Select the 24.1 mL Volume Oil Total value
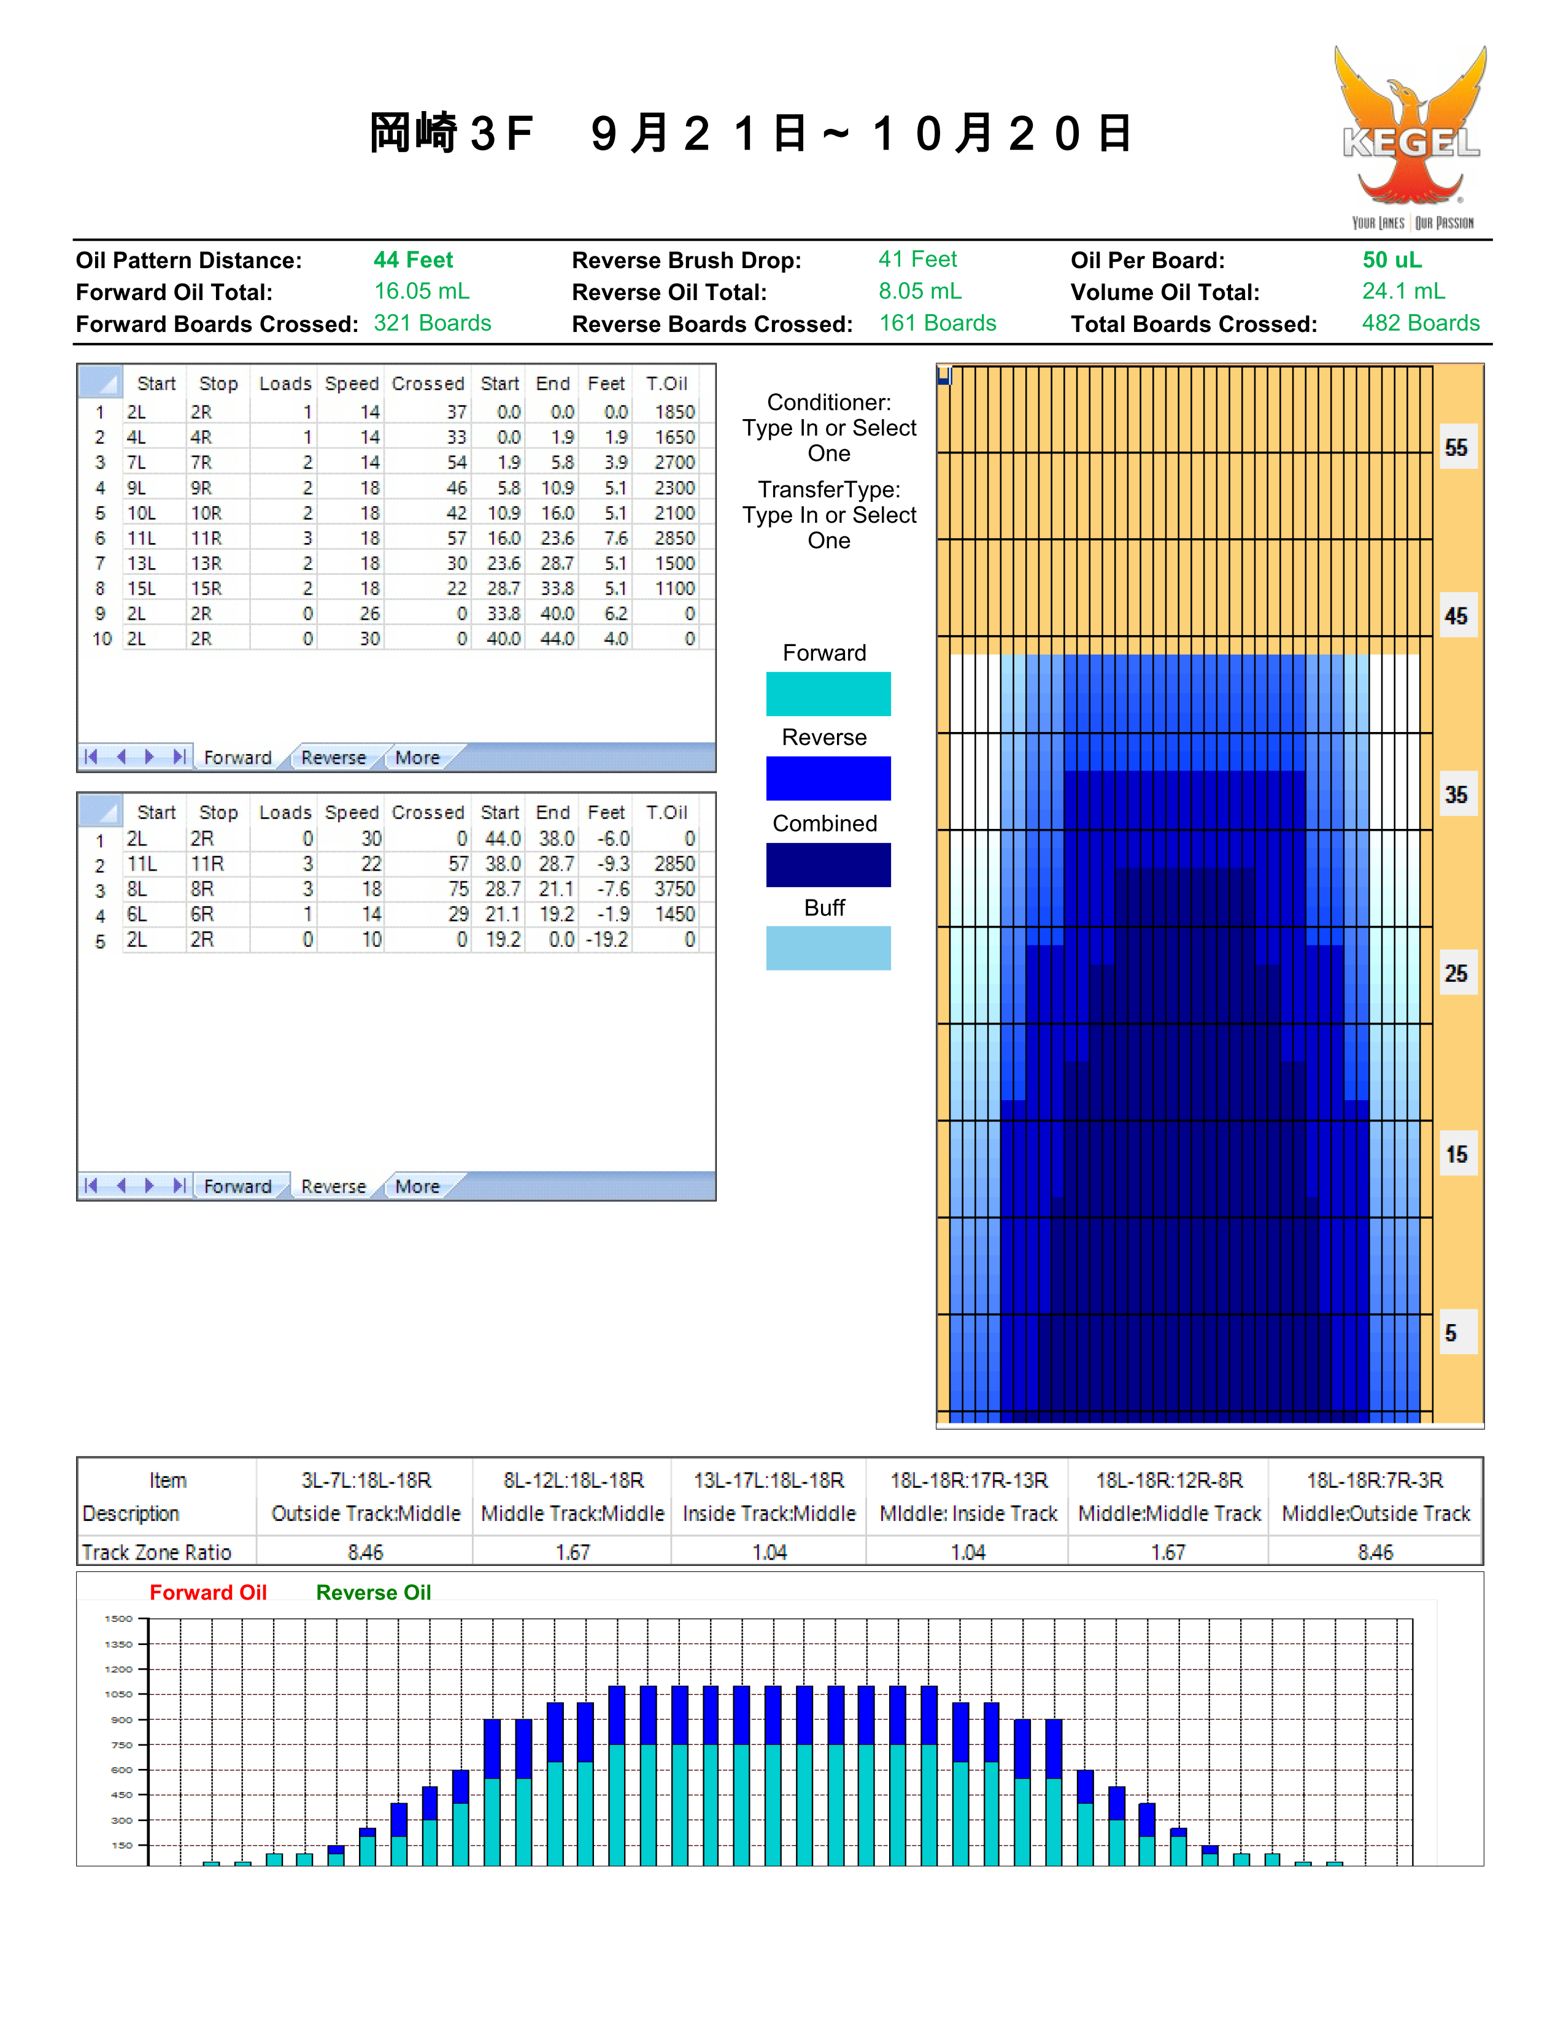1403,291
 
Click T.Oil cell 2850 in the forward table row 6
674,538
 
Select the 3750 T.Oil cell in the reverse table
674,888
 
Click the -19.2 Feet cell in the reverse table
607,940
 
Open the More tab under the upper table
417,757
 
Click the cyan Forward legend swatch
828,694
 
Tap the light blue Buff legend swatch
828,948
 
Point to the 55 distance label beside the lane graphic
1457,448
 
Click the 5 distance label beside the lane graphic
1451,1334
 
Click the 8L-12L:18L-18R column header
573,1481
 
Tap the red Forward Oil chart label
208,1593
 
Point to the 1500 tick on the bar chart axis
119,1619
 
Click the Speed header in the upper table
352,384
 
